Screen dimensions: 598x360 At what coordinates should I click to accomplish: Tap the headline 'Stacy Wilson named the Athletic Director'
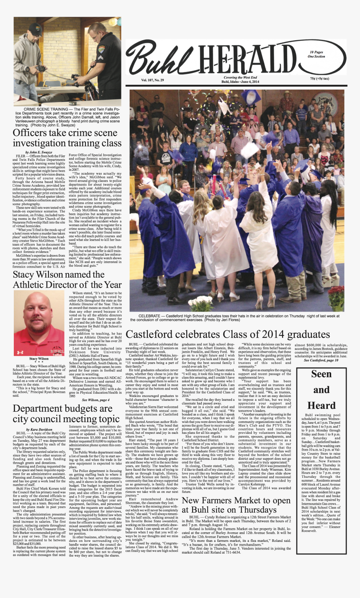tap(67, 280)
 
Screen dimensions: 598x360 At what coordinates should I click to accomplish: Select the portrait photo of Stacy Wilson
tap(39, 323)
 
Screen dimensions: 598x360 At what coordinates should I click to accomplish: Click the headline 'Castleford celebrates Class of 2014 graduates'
tap(228, 334)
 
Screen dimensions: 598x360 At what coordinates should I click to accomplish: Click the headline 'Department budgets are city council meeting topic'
tap(66, 414)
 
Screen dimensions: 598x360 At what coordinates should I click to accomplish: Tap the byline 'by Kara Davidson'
tap(39, 430)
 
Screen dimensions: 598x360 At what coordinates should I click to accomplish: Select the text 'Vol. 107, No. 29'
tap(152, 80)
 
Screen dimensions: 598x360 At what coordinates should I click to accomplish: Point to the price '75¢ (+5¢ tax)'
tap(319, 79)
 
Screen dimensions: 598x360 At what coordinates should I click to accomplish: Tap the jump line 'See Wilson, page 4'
tap(96, 400)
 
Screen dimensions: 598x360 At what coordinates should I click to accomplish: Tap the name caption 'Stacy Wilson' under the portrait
tap(39, 359)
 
